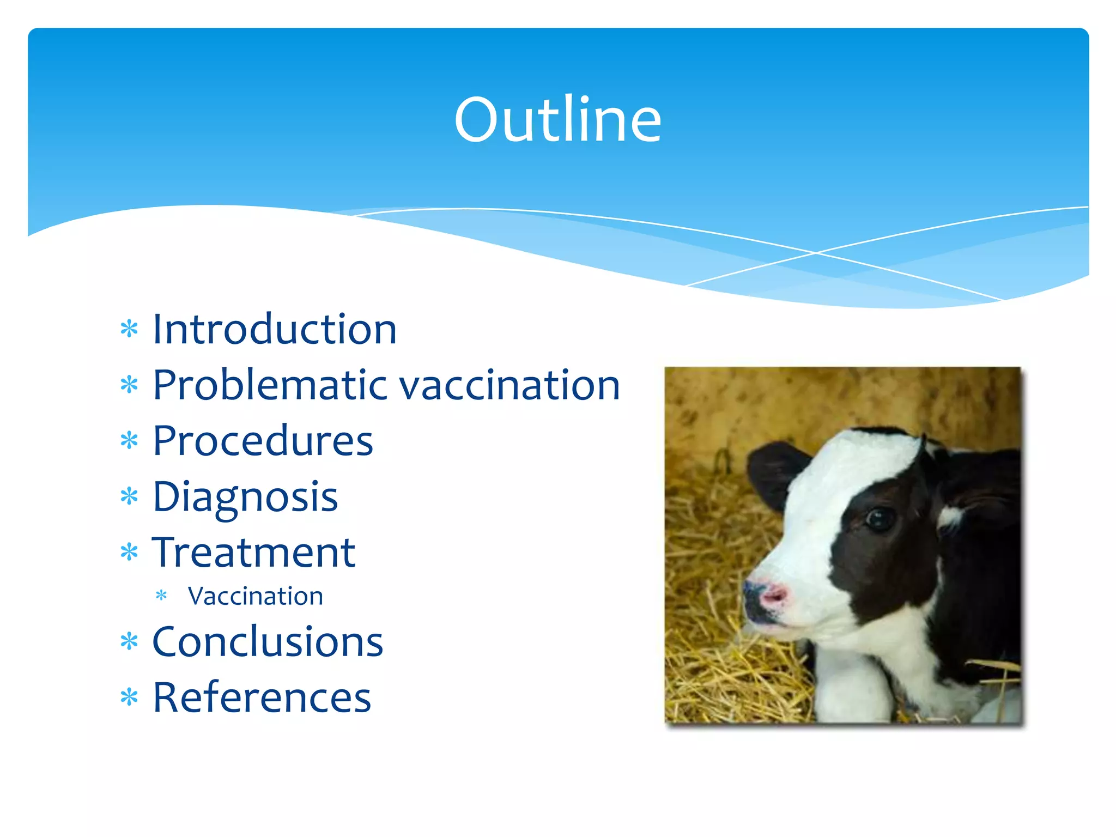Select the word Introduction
tap(274, 330)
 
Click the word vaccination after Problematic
tap(510, 386)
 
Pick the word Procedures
tap(263, 441)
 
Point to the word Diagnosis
tap(245, 498)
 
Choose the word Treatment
tap(254, 553)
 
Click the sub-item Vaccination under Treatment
tap(255, 596)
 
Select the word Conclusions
tap(268, 642)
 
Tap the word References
tap(262, 697)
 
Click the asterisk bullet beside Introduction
tap(129, 330)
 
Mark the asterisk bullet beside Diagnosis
tap(129, 496)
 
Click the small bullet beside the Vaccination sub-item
tap(161, 596)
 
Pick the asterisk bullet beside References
tap(129, 697)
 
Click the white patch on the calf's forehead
tap(861, 463)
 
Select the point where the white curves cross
tap(816, 253)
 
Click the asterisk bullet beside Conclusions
tap(129, 641)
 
